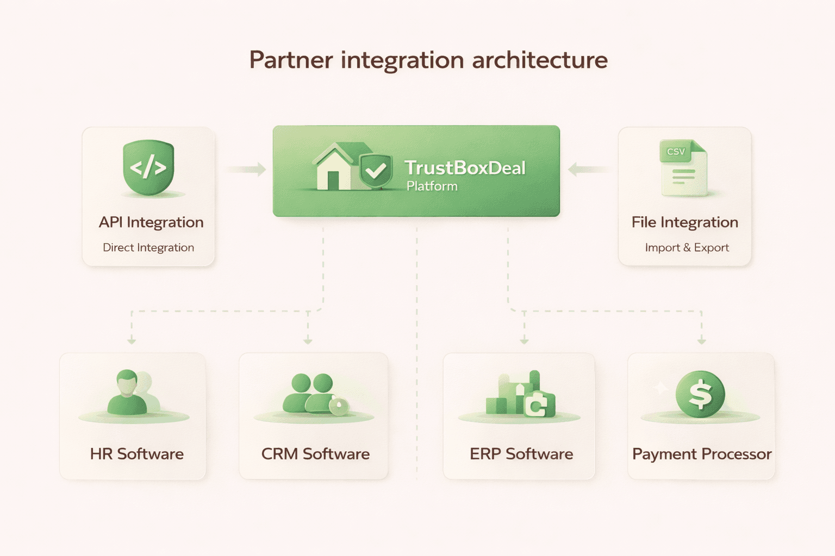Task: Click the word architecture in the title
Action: (x=539, y=60)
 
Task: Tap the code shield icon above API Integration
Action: (x=148, y=167)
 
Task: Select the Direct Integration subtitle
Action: (x=148, y=248)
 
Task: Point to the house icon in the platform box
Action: (x=334, y=169)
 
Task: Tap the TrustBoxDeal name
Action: (x=465, y=168)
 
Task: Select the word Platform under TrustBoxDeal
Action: (x=432, y=186)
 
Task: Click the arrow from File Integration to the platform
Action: (x=587, y=170)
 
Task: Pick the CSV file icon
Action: (x=683, y=168)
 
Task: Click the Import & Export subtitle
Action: (x=687, y=248)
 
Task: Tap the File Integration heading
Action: (x=684, y=222)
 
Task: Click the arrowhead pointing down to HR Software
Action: (x=132, y=340)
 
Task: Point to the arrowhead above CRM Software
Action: (x=308, y=340)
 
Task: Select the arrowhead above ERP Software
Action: (x=524, y=340)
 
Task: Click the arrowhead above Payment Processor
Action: (x=701, y=340)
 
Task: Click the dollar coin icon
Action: (x=700, y=394)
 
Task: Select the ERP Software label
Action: (x=521, y=454)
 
